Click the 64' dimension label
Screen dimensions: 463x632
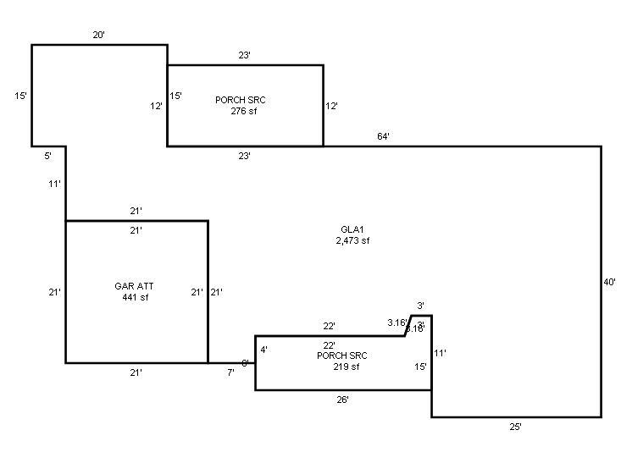tap(383, 136)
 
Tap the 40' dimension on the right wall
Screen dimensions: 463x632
tap(609, 282)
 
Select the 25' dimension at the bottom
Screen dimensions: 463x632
tap(515, 427)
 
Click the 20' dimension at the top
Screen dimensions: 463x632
tap(99, 35)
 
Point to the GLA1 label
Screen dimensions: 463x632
tap(352, 229)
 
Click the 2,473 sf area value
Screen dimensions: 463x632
tap(352, 240)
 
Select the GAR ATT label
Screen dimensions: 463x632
tap(131, 286)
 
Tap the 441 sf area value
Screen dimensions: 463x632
tap(131, 297)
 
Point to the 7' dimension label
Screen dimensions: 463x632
tap(230, 373)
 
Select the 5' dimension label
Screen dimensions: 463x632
tap(48, 156)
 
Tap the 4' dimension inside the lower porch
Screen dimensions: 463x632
tap(263, 350)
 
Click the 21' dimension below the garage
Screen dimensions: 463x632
tap(136, 373)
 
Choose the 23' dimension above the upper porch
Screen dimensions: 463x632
tap(244, 55)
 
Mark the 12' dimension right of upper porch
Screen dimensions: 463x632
tap(332, 107)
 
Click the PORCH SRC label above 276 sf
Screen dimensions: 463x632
tap(241, 100)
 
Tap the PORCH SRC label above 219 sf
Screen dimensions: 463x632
tap(342, 356)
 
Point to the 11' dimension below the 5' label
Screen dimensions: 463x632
tap(55, 183)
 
